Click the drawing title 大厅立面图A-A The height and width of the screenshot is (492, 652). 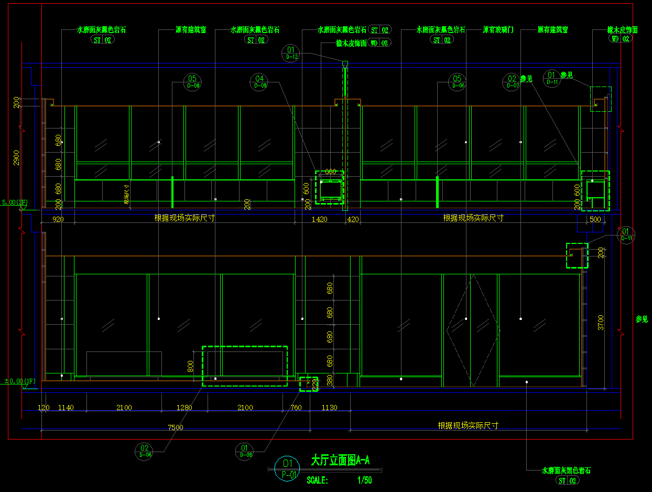click(340, 461)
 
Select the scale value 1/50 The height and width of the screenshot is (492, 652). click(365, 480)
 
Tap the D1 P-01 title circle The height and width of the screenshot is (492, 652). click(287, 469)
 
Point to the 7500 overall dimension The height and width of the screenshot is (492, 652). click(176, 427)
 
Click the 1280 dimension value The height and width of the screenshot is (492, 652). click(184, 408)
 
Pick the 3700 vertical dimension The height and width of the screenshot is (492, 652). click(601, 322)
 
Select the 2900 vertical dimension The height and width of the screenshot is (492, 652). click(16, 157)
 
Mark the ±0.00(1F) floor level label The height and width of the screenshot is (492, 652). click(20, 381)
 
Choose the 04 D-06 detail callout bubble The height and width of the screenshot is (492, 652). click(259, 82)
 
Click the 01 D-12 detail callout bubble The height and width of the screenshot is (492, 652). click(291, 53)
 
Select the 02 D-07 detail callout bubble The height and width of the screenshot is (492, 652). click(512, 82)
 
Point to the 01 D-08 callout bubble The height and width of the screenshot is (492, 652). click(245, 451)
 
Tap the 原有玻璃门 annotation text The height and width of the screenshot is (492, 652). click(498, 30)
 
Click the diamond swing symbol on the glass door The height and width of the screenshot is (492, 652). click(471, 330)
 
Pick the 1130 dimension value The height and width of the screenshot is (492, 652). click(329, 408)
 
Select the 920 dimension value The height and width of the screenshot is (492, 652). click(58, 219)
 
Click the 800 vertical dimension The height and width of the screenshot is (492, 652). click(190, 365)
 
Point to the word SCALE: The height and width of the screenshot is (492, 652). click(318, 480)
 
